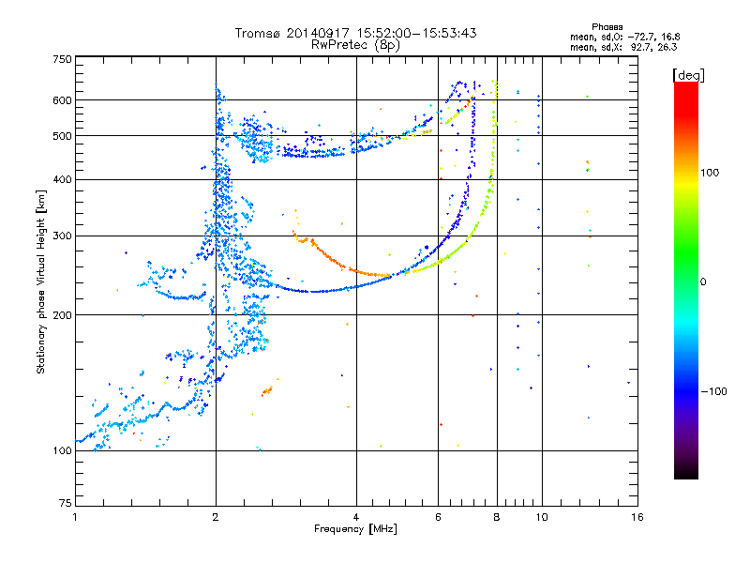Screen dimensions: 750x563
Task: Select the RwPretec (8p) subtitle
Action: pos(355,45)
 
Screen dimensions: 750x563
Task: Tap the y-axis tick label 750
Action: pos(63,59)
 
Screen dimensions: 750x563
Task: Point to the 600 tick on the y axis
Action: pos(63,100)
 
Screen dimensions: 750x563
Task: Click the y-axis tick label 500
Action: pos(63,136)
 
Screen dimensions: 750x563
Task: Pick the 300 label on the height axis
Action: pos(63,236)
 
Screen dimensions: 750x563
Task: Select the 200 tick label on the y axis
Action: pos(63,315)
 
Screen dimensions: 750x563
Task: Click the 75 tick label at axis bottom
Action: pos(66,503)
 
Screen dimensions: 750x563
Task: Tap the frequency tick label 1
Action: pos(75,517)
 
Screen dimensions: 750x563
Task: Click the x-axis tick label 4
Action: pos(356,517)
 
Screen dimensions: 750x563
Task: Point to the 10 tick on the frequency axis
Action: pos(542,517)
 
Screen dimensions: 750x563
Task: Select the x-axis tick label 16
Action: pos(637,517)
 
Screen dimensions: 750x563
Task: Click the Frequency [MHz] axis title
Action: pos(355,529)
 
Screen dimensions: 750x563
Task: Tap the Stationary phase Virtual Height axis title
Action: pos(41,282)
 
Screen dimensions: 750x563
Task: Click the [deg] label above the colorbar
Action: pos(689,75)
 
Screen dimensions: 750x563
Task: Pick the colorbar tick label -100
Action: pos(714,391)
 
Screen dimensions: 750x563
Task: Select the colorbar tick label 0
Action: pos(703,282)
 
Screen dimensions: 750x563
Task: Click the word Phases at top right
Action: pos(607,27)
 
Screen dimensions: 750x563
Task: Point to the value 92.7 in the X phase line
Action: pos(641,48)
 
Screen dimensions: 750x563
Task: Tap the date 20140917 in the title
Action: pos(318,33)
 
